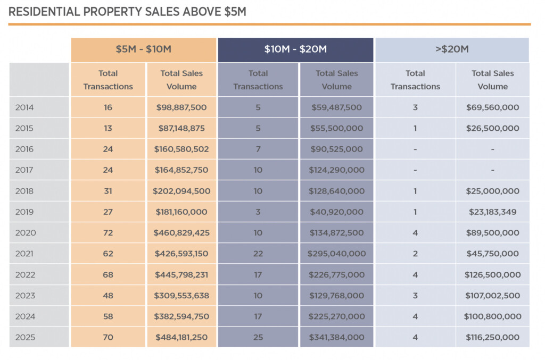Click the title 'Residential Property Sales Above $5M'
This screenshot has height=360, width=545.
(127, 11)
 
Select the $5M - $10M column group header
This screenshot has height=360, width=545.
(144, 49)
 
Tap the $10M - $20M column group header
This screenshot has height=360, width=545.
(295, 49)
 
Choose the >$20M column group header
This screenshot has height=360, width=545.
(452, 49)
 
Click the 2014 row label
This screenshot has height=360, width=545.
(24, 107)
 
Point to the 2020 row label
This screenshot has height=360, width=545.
(24, 233)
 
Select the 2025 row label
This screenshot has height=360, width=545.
(24, 337)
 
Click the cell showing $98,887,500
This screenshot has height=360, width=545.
(181, 107)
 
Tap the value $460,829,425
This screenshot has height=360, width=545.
(181, 233)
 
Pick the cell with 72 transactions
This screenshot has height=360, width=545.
(108, 233)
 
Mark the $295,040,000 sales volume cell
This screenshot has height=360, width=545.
(336, 254)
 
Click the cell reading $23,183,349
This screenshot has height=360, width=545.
(492, 212)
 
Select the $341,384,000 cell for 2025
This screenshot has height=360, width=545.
(336, 337)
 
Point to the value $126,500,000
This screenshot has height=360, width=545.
(492, 275)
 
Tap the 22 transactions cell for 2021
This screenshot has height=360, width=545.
(258, 254)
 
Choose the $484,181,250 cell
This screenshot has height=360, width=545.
(181, 337)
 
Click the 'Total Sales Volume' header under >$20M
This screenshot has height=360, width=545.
(492, 80)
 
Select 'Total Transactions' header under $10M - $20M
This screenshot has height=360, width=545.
(258, 80)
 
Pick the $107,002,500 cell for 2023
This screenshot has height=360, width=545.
(492, 296)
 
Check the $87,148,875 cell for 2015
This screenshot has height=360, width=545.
(181, 128)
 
